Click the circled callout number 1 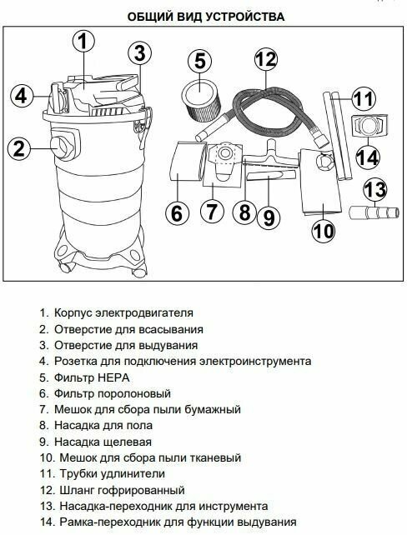pos(83,40)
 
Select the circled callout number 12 pos(266,59)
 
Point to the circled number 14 pos(368,157)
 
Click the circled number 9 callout pos(269,217)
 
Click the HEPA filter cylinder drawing pos(199,101)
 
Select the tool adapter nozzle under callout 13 pos(374,212)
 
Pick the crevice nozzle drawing pos(269,176)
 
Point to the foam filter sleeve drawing pos(188,162)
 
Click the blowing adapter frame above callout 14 pos(369,126)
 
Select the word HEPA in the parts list pos(113,377)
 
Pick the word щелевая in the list pos(127,442)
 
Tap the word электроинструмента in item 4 pos(255,362)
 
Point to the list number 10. pos(47,457)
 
